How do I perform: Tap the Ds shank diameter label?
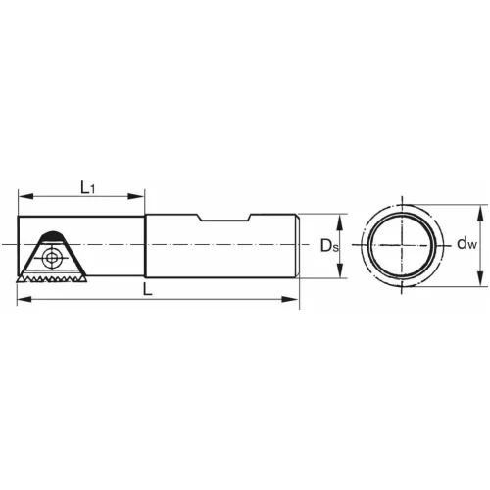(x=328, y=245)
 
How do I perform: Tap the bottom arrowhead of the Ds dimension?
(x=341, y=275)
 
